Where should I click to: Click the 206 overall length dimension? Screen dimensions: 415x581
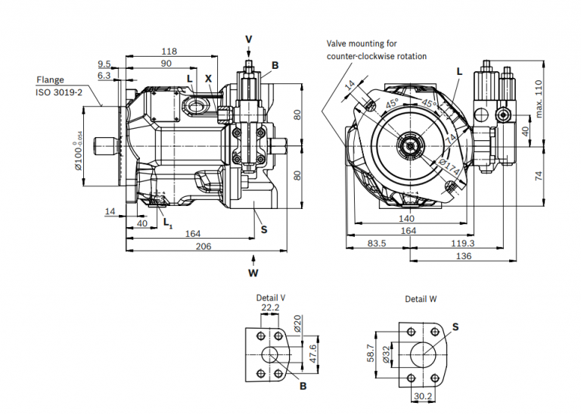[202, 247]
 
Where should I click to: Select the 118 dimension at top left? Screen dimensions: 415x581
[169, 51]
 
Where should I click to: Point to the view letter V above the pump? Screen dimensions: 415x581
[249, 39]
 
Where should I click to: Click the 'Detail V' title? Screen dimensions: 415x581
[270, 298]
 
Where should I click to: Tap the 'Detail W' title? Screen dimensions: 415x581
[421, 299]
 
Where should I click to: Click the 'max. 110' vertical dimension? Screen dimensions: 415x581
[538, 98]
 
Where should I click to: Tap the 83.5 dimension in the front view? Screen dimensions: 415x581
[377, 244]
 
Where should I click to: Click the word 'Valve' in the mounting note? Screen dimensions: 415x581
[339, 44]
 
